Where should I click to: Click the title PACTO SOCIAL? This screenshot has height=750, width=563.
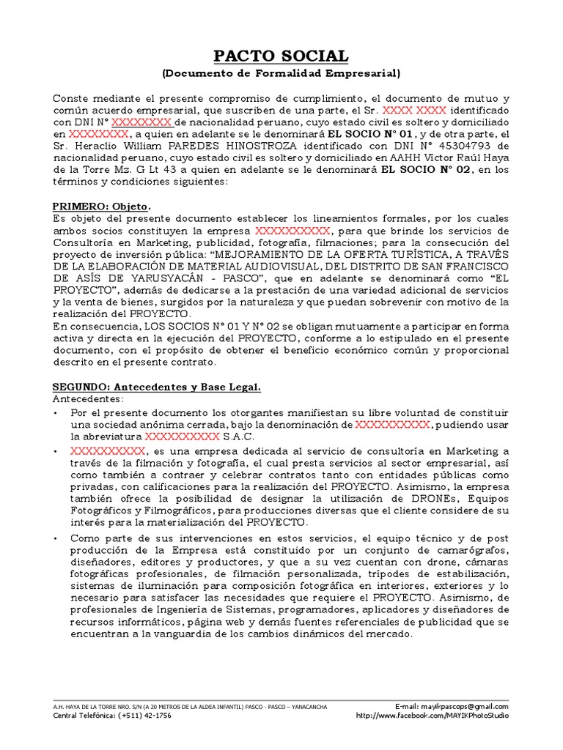coord(281,56)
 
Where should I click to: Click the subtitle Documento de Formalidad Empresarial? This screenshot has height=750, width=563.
coord(281,73)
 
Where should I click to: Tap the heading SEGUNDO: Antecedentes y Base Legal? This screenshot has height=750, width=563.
coord(157,387)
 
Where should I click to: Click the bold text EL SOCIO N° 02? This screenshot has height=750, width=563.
coord(425,170)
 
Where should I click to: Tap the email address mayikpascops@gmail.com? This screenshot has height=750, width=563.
coord(462,706)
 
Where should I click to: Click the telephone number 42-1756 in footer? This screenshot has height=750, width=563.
coord(156,716)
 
